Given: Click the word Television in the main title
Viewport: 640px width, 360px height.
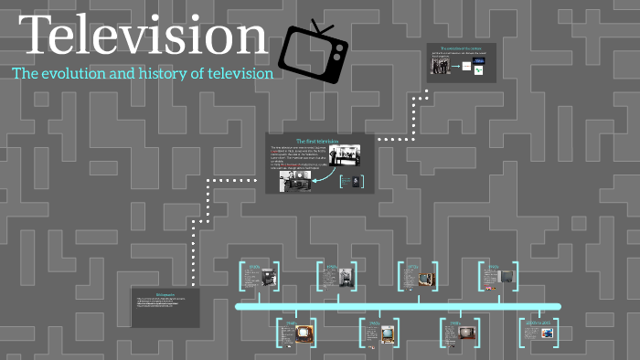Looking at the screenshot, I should click(143, 37).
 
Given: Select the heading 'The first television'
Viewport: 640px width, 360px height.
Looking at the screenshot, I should click(319, 142).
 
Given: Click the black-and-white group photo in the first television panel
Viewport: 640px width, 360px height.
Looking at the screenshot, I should click(344, 154).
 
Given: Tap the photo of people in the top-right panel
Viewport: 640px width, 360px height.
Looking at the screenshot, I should click(442, 67).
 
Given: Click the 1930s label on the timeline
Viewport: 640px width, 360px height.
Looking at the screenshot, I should click(253, 268).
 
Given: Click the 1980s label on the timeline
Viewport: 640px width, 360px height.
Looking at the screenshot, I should click(453, 323).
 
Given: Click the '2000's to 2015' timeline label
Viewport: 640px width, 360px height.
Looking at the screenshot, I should click(538, 323).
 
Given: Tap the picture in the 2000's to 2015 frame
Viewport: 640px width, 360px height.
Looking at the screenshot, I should click(547, 334).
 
